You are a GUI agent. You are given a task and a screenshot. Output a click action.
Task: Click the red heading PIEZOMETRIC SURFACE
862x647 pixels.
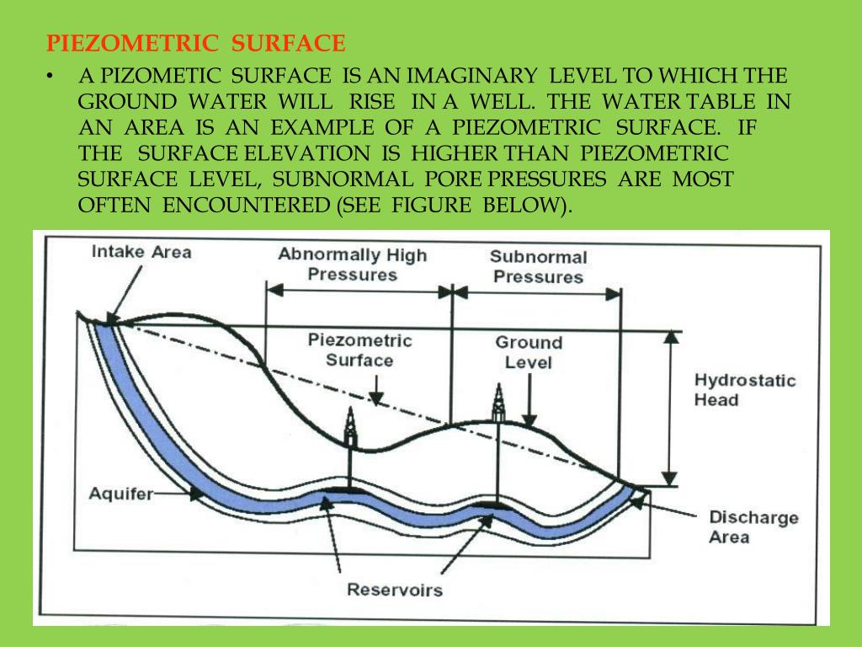(x=195, y=44)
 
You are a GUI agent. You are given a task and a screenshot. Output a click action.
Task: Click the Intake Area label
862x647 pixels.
(x=141, y=252)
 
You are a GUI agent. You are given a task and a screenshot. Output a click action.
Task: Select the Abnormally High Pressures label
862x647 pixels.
(x=353, y=265)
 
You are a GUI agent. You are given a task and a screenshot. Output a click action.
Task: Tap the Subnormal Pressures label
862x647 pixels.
(x=538, y=266)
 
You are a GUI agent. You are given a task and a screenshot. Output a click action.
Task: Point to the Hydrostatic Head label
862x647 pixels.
(x=744, y=389)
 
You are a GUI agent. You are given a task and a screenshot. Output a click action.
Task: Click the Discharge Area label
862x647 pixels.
(x=753, y=527)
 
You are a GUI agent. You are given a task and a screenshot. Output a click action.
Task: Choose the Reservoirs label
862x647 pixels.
(x=394, y=590)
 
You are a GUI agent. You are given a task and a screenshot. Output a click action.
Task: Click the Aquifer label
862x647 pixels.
(x=120, y=494)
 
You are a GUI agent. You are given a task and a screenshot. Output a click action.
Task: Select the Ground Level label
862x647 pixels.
(x=528, y=352)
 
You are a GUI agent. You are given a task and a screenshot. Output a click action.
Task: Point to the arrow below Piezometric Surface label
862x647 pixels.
(x=376, y=388)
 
